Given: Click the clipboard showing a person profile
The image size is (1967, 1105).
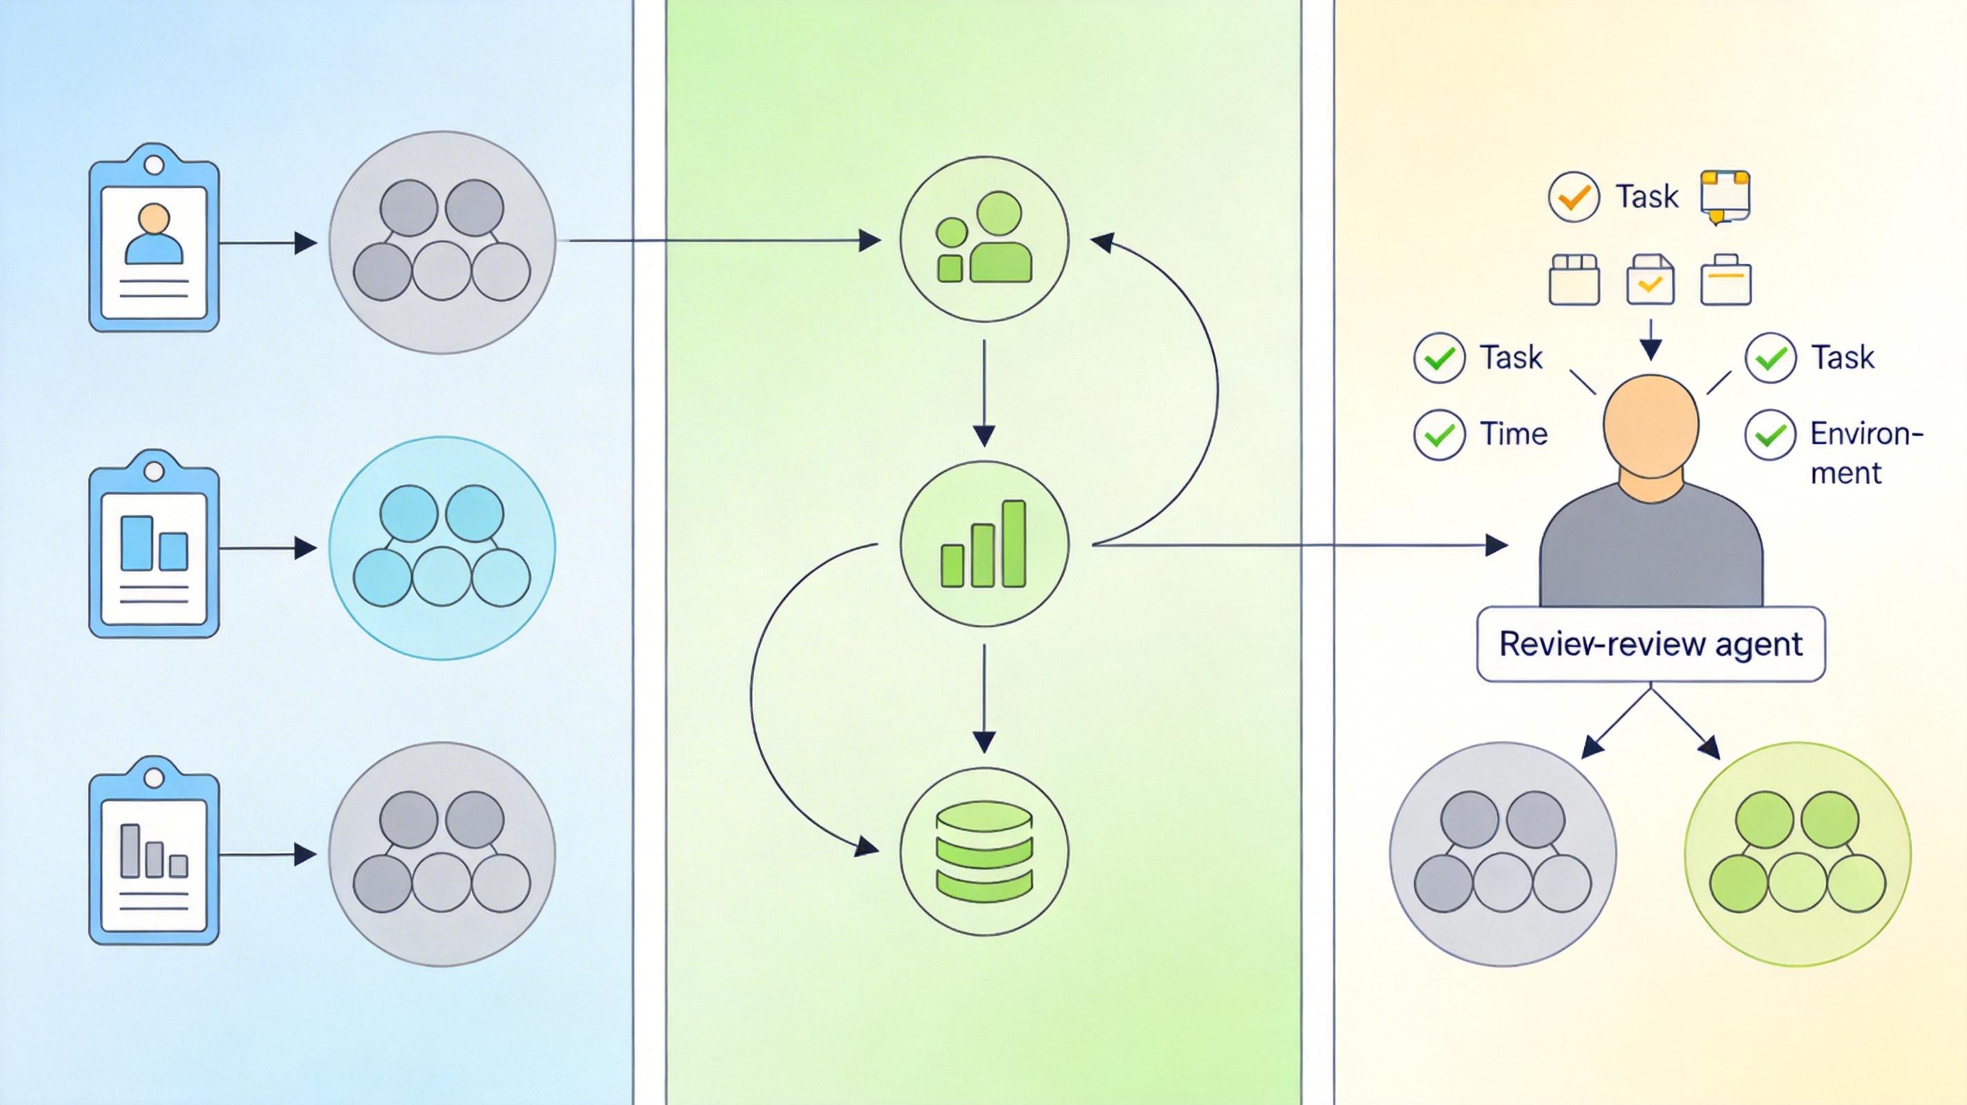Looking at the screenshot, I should click(x=154, y=238).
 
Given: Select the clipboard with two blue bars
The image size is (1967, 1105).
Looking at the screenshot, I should click(x=154, y=544).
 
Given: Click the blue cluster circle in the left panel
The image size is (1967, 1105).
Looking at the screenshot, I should click(x=442, y=548).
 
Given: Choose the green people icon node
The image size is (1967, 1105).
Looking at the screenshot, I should click(x=984, y=239).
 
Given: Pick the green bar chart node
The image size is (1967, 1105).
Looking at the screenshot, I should click(x=984, y=544).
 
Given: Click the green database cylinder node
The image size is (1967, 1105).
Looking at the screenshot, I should click(x=984, y=851).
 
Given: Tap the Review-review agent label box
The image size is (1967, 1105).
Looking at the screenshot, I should click(x=1651, y=644).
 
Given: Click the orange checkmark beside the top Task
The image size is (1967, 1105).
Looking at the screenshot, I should click(x=1574, y=197).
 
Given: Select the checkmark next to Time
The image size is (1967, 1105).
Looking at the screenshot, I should click(x=1439, y=434).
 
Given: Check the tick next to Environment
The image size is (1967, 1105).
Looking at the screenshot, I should click(x=1770, y=434).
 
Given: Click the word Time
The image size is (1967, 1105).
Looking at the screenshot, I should click(x=1513, y=434).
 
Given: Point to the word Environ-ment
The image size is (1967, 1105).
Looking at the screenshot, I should click(x=1865, y=453).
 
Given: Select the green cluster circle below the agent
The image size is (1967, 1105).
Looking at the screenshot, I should click(x=1798, y=853).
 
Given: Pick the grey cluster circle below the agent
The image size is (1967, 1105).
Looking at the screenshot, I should click(x=1503, y=853).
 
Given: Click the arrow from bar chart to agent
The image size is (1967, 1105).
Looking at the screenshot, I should click(x=1298, y=545).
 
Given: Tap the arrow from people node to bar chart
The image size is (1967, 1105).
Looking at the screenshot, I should click(x=984, y=393).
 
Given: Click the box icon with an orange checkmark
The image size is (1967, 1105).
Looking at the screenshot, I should click(x=1650, y=280).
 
